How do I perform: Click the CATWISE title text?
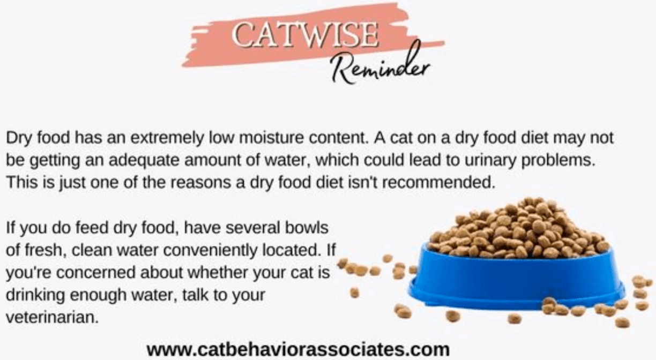[x=305, y=36]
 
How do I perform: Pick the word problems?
[x=558, y=161]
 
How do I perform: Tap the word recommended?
[x=439, y=182]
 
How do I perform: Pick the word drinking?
[x=35, y=295]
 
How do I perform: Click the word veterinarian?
[x=52, y=318]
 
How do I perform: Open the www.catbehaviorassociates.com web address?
[x=298, y=350]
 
